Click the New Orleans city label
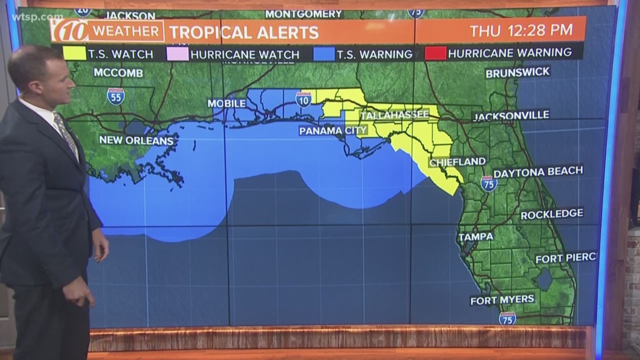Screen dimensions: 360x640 coord(136,140)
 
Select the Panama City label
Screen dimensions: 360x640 coord(333,131)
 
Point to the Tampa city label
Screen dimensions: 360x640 coord(476,237)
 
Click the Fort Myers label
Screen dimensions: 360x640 coord(502,300)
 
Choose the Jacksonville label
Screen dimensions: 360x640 coord(511,116)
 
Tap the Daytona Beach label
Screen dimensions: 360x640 coord(538,172)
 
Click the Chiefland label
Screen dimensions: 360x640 coord(458,162)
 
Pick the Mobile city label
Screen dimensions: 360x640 coord(227,103)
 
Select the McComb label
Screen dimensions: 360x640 coord(118,72)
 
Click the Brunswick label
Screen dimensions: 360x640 coord(518,72)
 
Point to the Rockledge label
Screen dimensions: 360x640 coord(552,214)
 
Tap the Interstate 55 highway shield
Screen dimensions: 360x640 coord(116,96)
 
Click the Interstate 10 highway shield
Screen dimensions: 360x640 coord(304,99)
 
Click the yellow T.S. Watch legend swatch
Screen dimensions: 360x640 coord(74,53)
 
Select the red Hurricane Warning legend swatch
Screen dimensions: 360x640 coord(436,53)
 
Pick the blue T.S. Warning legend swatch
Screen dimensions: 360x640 coord(324,54)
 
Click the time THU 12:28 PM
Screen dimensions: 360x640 coord(522,30)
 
